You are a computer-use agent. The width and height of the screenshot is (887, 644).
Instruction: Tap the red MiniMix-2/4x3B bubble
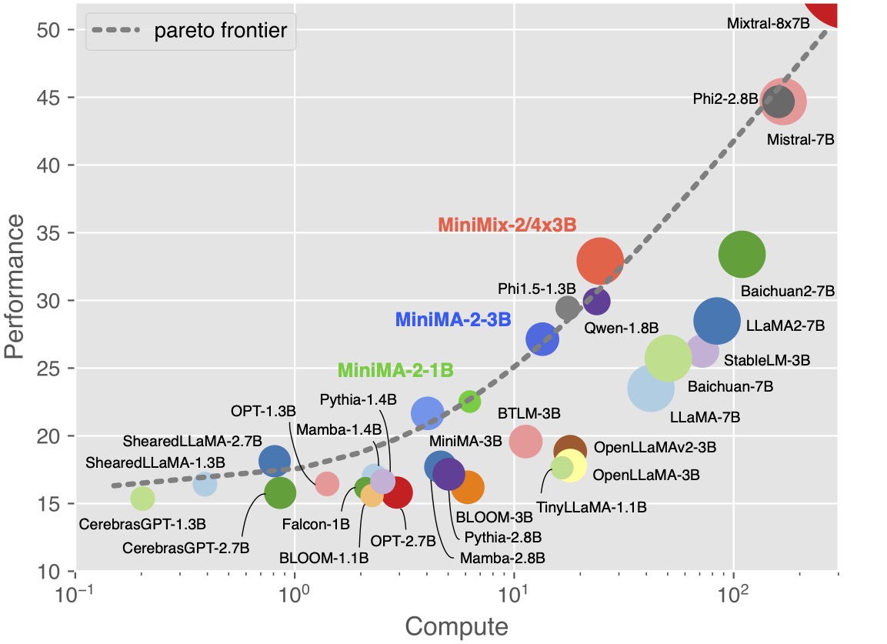click(x=599, y=262)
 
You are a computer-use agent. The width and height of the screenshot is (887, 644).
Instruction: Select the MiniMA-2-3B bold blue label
click(x=453, y=319)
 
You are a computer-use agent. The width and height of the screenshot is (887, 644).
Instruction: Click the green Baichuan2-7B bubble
click(x=742, y=255)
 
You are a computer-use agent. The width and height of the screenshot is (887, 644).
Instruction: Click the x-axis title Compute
click(x=456, y=626)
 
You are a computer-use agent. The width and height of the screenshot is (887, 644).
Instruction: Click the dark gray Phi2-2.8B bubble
click(x=779, y=102)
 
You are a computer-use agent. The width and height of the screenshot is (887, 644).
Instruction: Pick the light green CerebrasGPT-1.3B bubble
click(x=142, y=498)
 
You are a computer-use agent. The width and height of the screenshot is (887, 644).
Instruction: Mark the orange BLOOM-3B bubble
click(x=467, y=486)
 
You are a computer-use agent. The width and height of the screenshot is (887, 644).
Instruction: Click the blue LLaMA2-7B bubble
click(x=717, y=322)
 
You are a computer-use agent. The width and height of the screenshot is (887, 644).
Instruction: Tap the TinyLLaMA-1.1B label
click(x=591, y=508)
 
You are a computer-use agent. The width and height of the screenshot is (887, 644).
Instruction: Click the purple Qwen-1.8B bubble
click(x=596, y=302)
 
